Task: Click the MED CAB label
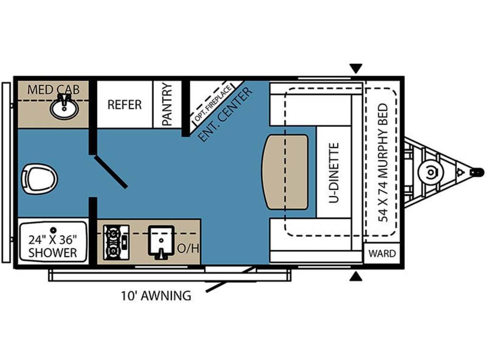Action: click(53, 90)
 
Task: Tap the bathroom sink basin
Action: click(64, 108)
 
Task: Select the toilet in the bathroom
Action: click(39, 179)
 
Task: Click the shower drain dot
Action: click(54, 230)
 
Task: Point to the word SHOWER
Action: click(53, 253)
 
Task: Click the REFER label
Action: click(124, 105)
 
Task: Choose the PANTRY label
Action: click(167, 104)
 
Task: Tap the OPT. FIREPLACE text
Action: click(213, 103)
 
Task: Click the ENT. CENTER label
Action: click(224, 115)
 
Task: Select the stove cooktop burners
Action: click(116, 242)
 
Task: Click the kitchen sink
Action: click(161, 242)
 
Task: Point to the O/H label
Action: click(188, 248)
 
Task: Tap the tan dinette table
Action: click(285, 172)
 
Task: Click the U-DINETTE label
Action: click(334, 173)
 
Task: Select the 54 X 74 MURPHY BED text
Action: click(383, 162)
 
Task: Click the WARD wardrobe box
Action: click(382, 253)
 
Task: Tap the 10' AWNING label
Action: click(156, 296)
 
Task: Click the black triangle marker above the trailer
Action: click(356, 68)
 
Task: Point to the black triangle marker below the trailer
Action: click(356, 277)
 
